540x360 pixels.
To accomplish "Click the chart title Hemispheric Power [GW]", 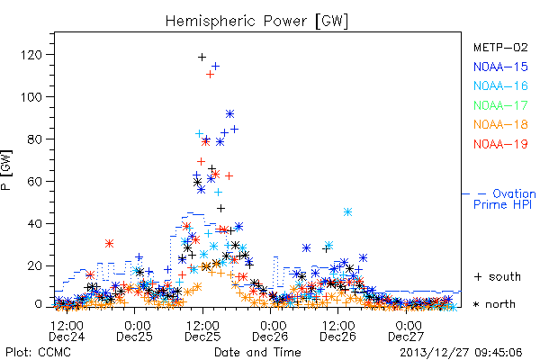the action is coord(256,22).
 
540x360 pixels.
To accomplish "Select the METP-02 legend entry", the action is coord(500,47).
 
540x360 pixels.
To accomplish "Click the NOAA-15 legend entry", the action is coord(500,67).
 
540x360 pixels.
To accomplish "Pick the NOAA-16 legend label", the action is coord(500,85).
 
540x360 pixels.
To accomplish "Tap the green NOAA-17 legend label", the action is coord(500,105).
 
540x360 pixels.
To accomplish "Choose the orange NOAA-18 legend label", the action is coord(500,124).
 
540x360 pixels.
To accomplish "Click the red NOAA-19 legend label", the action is coord(500,144).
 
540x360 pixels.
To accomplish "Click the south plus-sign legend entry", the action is coord(498,276).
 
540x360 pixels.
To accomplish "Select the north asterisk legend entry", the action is coord(494,304).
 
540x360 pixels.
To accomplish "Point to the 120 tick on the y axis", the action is coord(31,55).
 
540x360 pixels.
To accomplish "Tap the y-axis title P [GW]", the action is coord(6,170).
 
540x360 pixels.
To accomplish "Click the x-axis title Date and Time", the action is coord(257,352).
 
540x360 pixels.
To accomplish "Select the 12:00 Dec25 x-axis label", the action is coord(202,331).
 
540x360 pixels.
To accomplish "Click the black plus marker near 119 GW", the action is coord(202,58).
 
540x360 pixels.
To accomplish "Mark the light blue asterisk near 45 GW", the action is coord(347,211).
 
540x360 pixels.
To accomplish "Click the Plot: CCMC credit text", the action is coord(38,352).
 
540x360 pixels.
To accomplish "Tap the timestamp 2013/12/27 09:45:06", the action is coord(461,353).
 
